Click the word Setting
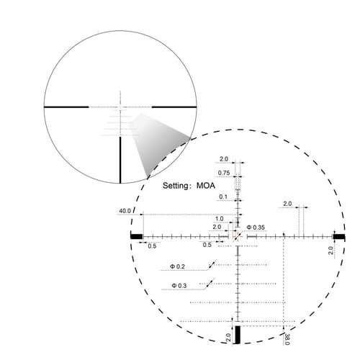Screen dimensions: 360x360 pyautogui.click(x=175, y=186)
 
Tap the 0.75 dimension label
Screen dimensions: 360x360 pyautogui.click(x=224, y=173)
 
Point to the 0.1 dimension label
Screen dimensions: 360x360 pyautogui.click(x=223, y=197)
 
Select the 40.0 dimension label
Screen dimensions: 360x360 pyautogui.click(x=125, y=212)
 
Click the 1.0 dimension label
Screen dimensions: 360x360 pyautogui.click(x=220, y=219)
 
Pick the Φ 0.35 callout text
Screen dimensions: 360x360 pyautogui.click(x=256, y=227)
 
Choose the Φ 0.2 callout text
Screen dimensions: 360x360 pyautogui.click(x=178, y=267)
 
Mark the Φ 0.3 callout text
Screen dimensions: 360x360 pyautogui.click(x=178, y=286)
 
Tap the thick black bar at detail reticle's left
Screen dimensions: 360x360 pyautogui.click(x=136, y=236)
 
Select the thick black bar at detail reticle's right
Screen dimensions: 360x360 pyautogui.click(x=339, y=236)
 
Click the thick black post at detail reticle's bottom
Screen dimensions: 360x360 pyautogui.click(x=238, y=336)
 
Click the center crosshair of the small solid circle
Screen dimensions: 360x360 pyautogui.click(x=120, y=106)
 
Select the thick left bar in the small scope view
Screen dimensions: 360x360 pyautogui.click(x=67, y=106)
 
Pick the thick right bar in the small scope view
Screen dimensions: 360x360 pyautogui.click(x=174, y=106)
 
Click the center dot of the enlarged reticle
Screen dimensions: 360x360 pyautogui.click(x=238, y=235)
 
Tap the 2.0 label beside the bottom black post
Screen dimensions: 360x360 pyautogui.click(x=228, y=336)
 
